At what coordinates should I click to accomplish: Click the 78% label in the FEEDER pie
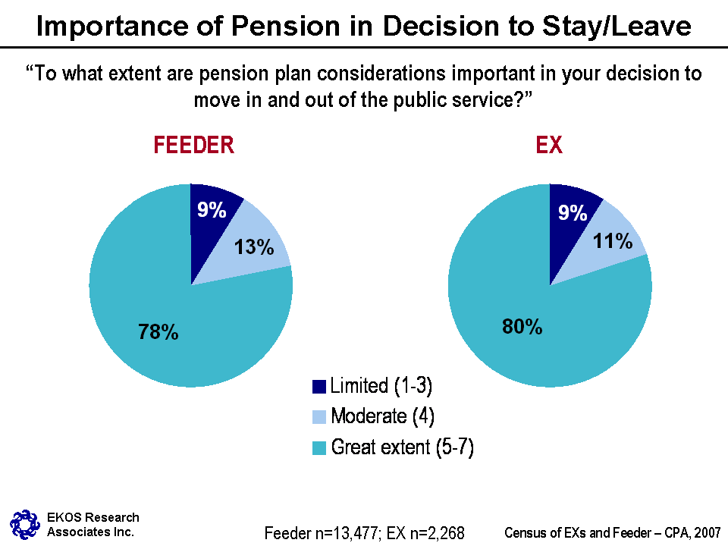(x=158, y=331)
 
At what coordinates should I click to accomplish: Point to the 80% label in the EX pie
(x=522, y=327)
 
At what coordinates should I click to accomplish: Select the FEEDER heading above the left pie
(x=193, y=146)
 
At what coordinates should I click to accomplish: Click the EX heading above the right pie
(x=549, y=146)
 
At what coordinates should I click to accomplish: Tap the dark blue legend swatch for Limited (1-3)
(x=319, y=387)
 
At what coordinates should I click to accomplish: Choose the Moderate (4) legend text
(x=382, y=416)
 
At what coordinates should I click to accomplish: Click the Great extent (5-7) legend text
(x=402, y=447)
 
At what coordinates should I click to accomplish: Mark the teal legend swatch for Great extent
(x=319, y=448)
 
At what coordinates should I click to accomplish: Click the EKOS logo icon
(x=24, y=523)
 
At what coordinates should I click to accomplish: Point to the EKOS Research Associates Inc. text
(x=93, y=524)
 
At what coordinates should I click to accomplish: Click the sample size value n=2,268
(x=436, y=533)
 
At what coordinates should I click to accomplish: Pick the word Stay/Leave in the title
(x=621, y=27)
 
